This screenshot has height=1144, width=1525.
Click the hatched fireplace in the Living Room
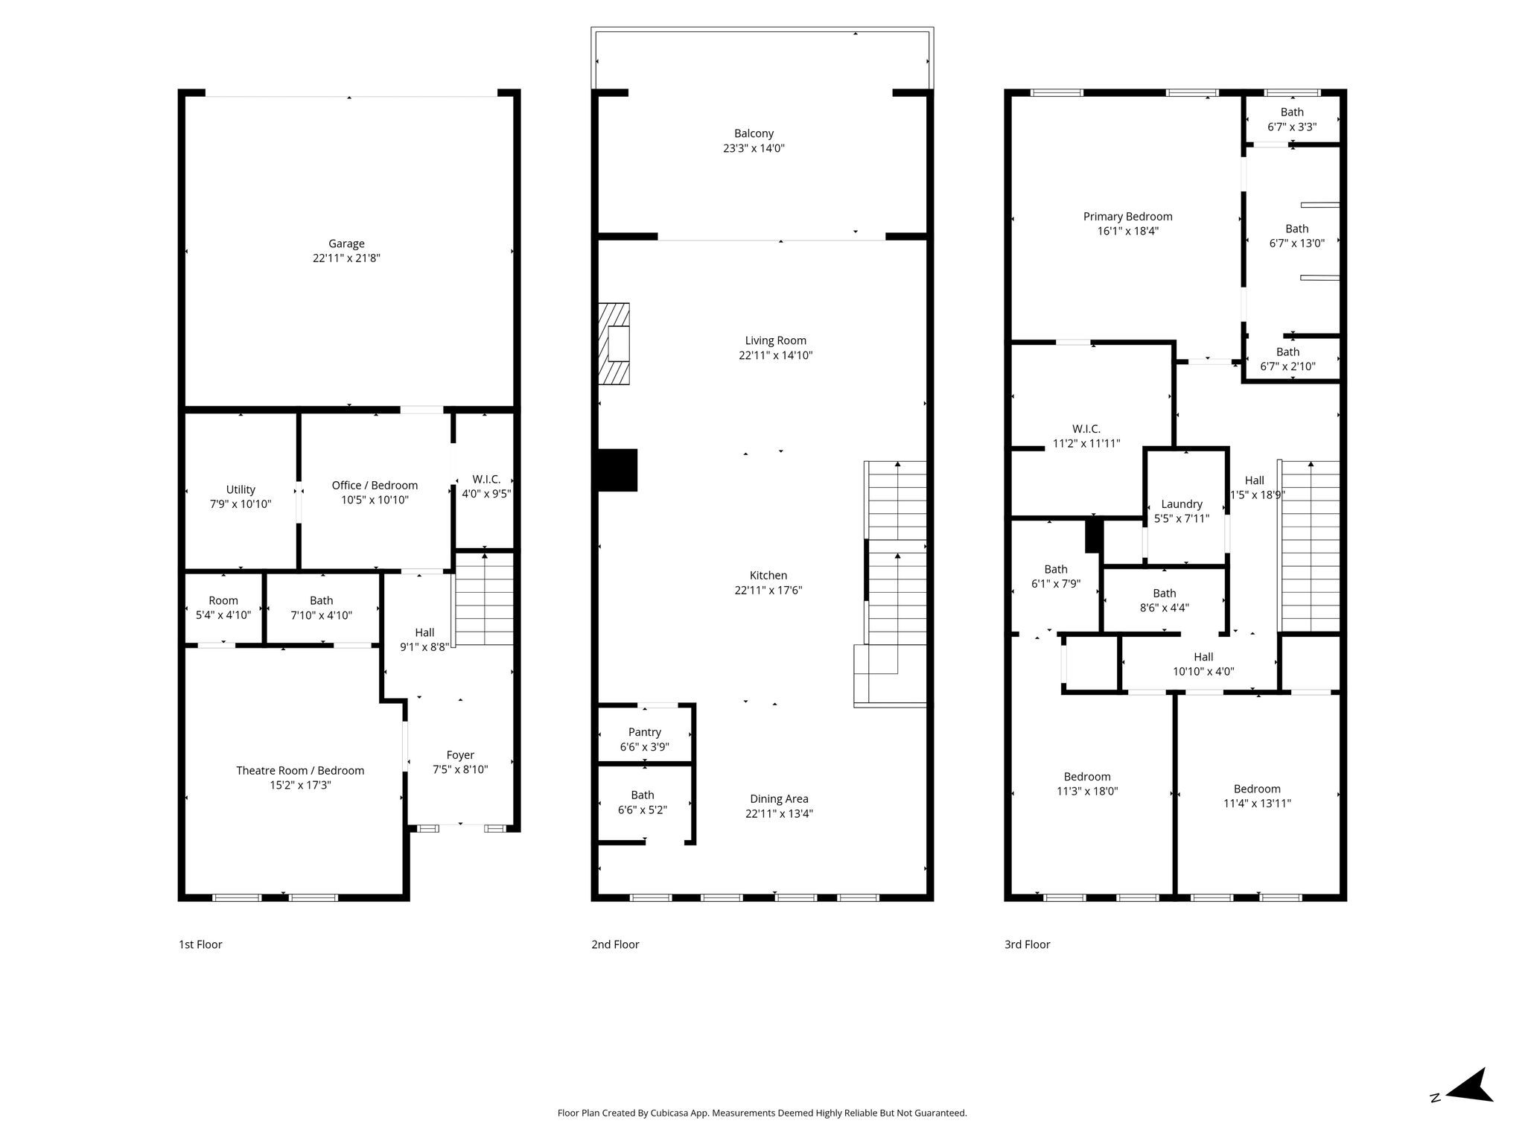pos(614,343)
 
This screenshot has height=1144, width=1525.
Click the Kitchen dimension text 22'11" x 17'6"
pos(768,591)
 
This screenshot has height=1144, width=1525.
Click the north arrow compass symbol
pos(1464,1107)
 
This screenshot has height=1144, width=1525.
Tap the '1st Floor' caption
pos(200,944)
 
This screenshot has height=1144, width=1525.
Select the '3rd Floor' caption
pos(1027,944)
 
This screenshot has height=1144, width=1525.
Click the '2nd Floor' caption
pos(615,944)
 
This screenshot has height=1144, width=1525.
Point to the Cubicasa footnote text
pos(762,1113)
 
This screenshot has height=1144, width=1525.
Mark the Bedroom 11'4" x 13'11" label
pos(1257,796)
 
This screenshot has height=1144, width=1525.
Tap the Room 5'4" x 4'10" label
pos(223,608)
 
